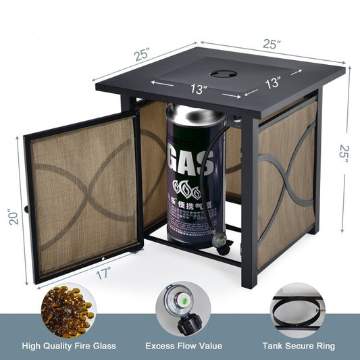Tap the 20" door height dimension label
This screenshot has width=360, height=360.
point(13,215)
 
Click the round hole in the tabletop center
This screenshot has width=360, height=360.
point(222,73)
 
